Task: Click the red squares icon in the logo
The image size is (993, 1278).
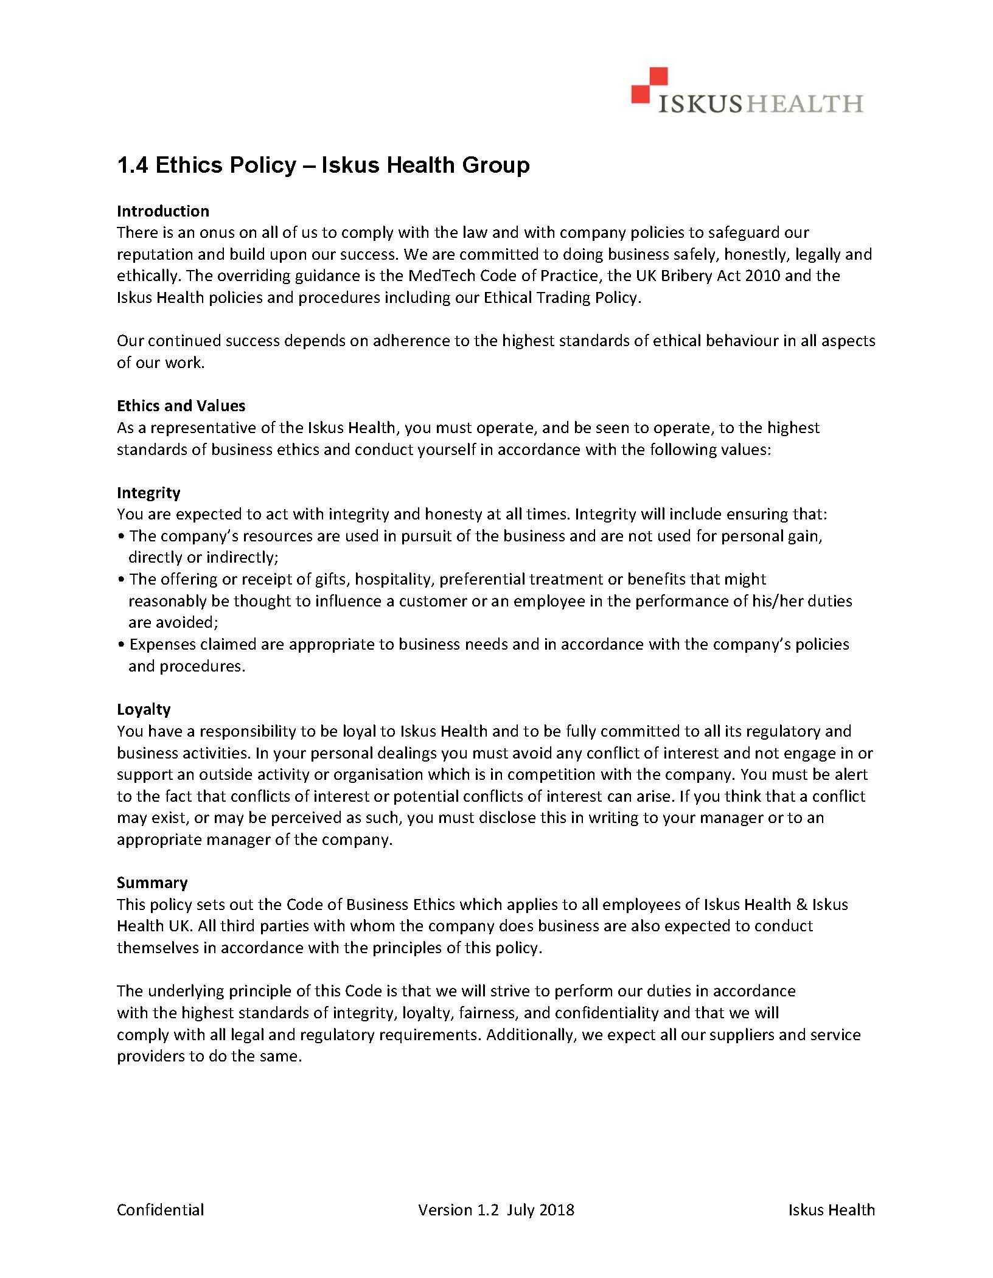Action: [649, 85]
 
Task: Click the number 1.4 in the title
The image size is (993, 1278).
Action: [133, 165]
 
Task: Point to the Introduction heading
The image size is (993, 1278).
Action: [163, 211]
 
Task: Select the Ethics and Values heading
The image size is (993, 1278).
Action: [181, 406]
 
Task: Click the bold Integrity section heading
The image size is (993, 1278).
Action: [148, 493]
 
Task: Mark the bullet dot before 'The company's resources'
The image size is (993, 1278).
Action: [122, 537]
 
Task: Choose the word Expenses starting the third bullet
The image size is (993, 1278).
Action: [163, 644]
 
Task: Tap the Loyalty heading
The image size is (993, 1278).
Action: [144, 709]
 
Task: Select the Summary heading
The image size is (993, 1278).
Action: [152, 883]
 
